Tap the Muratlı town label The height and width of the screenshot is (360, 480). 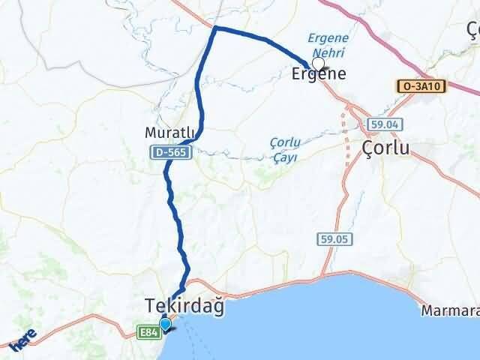[172, 133]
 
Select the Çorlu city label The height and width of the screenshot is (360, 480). [386, 148]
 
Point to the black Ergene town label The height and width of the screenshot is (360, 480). [318, 74]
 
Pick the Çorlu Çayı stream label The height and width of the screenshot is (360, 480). [284, 148]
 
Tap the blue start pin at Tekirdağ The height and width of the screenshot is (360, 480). [165, 324]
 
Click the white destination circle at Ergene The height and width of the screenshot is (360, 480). [318, 64]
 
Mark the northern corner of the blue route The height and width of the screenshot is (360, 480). [216, 28]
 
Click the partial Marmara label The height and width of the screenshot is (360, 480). [450, 310]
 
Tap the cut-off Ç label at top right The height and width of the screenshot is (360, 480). [472, 30]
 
